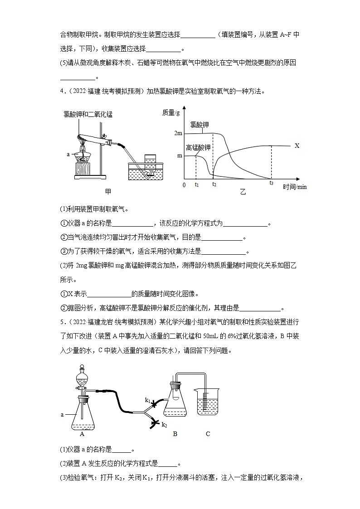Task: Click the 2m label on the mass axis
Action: click(178, 133)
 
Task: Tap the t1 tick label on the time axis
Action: click(196, 185)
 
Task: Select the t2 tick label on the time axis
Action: click(214, 185)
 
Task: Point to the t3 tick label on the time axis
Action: click(271, 183)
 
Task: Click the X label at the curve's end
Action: click(297, 146)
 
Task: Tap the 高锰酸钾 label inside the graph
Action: click(198, 147)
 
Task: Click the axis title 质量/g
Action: click(171, 112)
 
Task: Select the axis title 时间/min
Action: click(295, 187)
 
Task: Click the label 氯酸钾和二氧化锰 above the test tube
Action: click(88, 115)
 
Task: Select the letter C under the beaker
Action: click(208, 434)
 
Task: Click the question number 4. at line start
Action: click(62, 91)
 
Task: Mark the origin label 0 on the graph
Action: click(183, 185)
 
